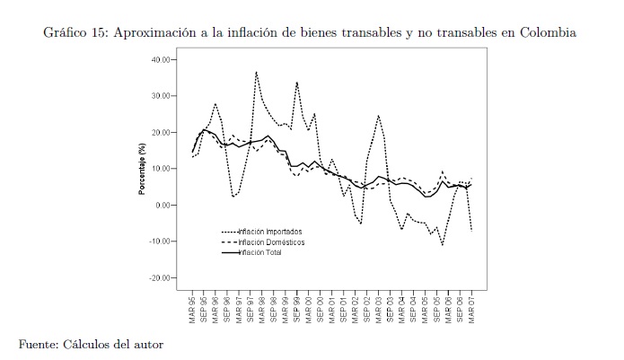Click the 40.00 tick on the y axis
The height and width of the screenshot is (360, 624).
point(163,59)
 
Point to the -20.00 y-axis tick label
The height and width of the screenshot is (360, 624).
point(162,277)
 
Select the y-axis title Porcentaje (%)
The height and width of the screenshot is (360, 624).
point(142,169)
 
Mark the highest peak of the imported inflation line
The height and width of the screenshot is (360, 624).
point(256,72)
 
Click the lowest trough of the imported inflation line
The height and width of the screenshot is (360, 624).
point(442,244)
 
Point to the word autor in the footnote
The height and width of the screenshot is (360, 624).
point(146,343)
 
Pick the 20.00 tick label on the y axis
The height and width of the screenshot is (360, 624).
point(163,132)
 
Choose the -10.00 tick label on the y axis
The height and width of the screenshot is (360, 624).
point(162,241)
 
